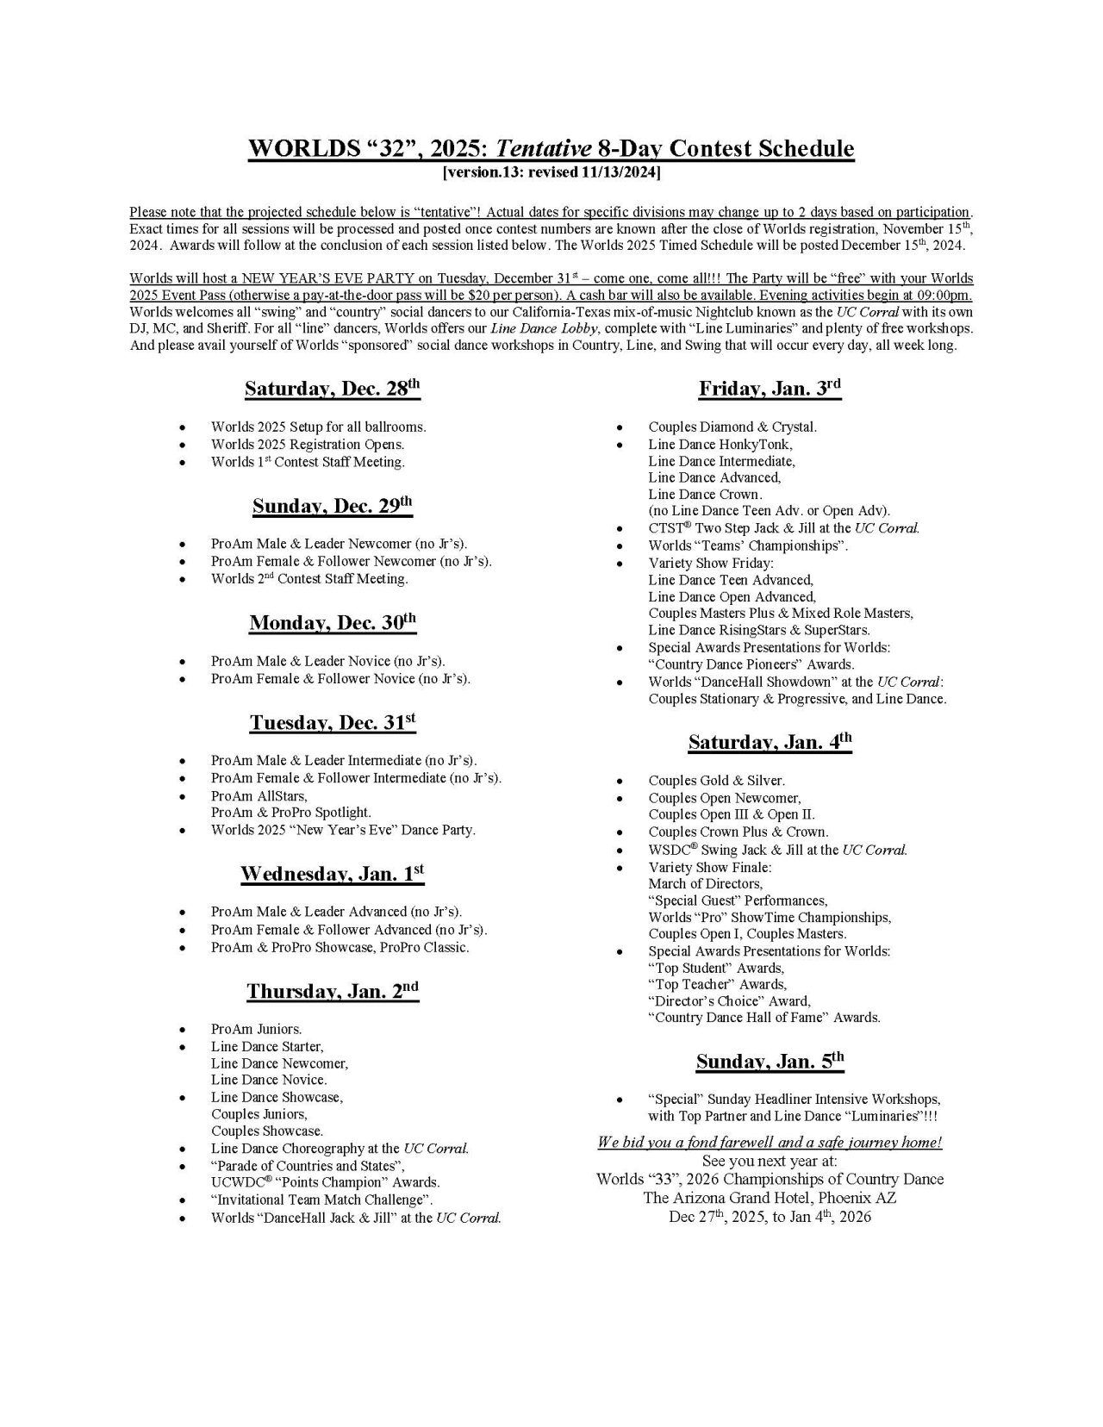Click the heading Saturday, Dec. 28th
332,389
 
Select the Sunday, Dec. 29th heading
332,506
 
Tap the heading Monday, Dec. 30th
332,623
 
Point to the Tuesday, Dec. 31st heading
332,722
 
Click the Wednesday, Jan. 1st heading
332,874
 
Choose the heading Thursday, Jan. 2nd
332,991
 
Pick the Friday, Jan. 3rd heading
769,389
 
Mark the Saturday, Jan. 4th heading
769,742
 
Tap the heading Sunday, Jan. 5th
769,1062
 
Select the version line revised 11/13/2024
551,173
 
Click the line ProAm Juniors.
256,1029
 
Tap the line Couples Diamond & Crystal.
732,427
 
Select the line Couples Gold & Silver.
716,781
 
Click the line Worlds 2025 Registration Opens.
307,445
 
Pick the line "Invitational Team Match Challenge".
321,1200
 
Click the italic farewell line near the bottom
769,1143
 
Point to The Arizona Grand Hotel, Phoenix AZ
769,1198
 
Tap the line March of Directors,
705,883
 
